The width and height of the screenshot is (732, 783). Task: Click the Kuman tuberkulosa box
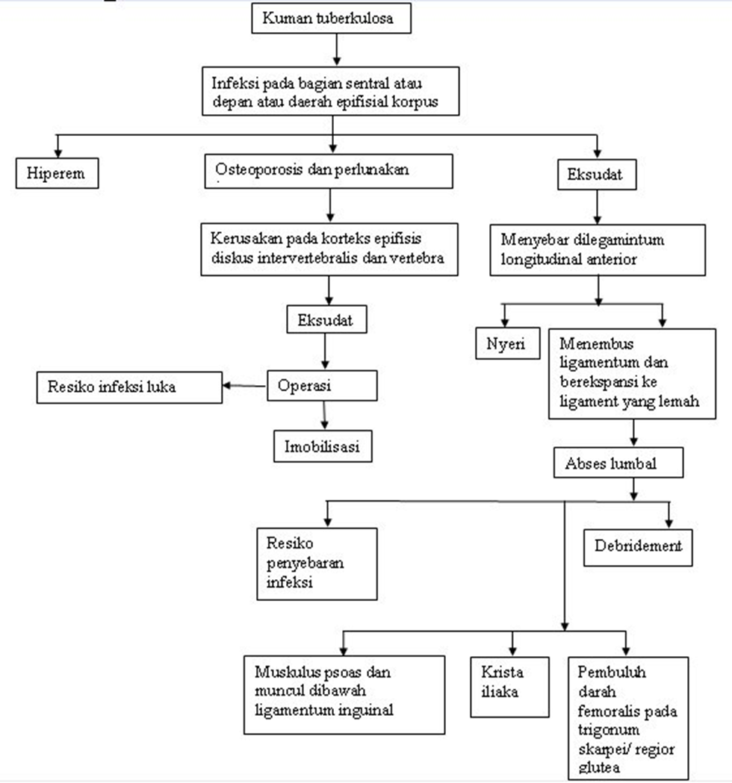(x=332, y=19)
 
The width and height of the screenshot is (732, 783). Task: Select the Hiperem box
(x=57, y=173)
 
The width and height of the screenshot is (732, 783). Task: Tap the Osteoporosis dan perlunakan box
(x=329, y=171)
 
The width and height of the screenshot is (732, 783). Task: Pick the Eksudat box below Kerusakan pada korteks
(x=326, y=319)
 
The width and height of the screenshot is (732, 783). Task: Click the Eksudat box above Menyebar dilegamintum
(x=597, y=174)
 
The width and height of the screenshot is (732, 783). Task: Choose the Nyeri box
(x=508, y=343)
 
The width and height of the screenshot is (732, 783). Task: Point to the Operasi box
(x=322, y=385)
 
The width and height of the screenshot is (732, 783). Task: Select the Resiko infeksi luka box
(x=129, y=387)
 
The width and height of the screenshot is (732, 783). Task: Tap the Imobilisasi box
(x=323, y=446)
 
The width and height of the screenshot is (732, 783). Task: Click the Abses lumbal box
(x=618, y=463)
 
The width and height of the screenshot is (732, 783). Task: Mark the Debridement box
(x=638, y=547)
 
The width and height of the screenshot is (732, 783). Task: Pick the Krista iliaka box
(x=509, y=687)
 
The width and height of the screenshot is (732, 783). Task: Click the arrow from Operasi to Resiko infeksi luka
(x=244, y=385)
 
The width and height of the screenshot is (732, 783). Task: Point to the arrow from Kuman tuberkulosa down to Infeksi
(x=337, y=49)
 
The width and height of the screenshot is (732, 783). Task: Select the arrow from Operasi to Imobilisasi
(x=324, y=415)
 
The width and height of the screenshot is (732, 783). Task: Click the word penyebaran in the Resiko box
(x=305, y=564)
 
